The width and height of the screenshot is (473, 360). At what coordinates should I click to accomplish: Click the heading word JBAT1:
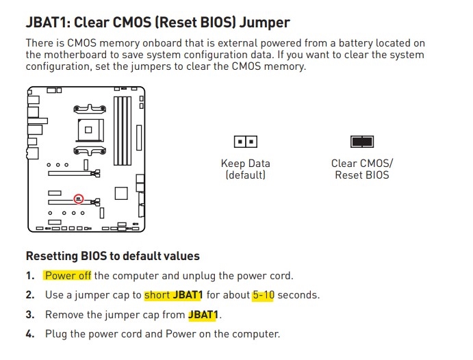(48, 23)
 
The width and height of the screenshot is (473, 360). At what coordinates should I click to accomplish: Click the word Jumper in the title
(264, 23)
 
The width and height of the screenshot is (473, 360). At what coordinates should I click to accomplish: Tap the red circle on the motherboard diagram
(79, 198)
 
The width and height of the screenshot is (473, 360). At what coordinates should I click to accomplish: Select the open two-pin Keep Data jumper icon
(246, 142)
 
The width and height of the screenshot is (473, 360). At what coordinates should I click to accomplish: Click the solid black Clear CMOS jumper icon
(362, 142)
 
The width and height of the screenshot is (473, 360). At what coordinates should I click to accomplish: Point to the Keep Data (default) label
(246, 169)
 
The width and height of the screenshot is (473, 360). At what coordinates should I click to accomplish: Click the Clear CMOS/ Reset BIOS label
(362, 169)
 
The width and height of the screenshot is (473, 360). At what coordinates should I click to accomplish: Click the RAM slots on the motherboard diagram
(123, 131)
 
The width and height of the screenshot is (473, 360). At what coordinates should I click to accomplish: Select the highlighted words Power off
(68, 276)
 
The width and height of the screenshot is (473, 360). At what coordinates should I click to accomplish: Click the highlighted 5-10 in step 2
(264, 295)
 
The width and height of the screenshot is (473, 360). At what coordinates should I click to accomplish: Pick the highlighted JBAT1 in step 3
(203, 315)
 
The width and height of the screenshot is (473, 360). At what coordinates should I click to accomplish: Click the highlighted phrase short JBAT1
(173, 295)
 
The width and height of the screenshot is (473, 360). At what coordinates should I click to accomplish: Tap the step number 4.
(30, 334)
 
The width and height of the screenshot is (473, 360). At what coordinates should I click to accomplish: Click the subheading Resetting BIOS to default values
(113, 256)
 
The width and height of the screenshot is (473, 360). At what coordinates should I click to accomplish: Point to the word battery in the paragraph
(356, 43)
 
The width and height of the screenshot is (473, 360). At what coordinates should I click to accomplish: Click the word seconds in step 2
(298, 295)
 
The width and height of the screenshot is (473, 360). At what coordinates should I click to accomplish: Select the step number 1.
(30, 276)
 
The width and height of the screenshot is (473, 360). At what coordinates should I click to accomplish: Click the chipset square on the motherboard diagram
(121, 193)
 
